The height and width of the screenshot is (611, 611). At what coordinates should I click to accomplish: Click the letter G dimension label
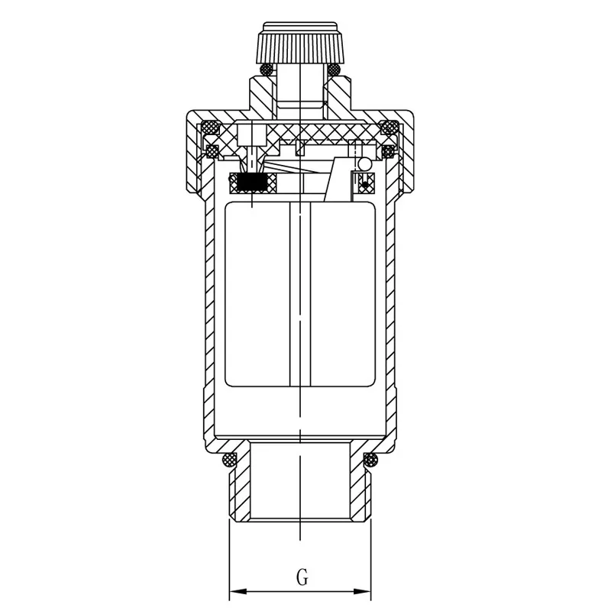click(x=302, y=577)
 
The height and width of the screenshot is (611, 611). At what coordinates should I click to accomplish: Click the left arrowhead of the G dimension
click(x=238, y=591)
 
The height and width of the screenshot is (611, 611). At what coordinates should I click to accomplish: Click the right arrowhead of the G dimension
click(x=362, y=591)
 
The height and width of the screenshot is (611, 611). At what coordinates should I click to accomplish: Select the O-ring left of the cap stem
click(x=267, y=70)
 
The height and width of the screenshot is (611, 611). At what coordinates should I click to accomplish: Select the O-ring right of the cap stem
click(x=334, y=70)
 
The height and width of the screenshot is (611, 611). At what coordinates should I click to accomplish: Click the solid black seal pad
click(x=251, y=183)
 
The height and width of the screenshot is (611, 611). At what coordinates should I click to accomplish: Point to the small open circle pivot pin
click(x=365, y=164)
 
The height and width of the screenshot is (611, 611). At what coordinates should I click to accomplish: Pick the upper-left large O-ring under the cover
click(x=209, y=128)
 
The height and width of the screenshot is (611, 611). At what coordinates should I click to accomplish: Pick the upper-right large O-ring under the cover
click(x=389, y=128)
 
